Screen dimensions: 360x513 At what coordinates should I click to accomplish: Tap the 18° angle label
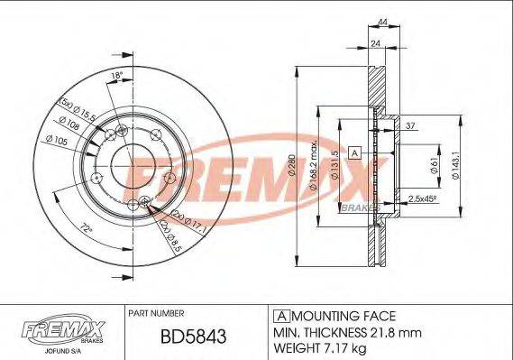coord(115,75)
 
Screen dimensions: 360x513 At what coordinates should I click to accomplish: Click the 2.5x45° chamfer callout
coord(422,198)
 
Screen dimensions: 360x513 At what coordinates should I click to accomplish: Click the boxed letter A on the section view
coord(355,152)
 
